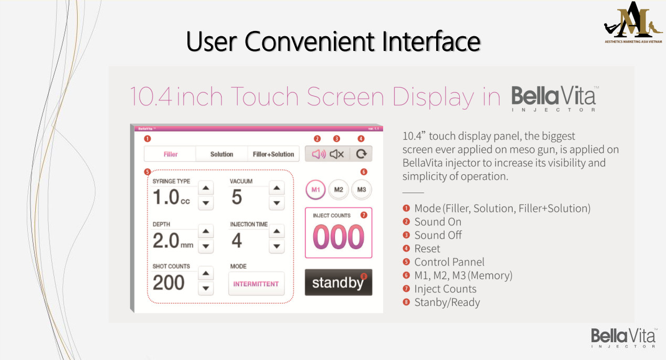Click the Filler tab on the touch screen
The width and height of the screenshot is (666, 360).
[171, 154]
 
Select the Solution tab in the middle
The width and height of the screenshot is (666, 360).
[222, 154]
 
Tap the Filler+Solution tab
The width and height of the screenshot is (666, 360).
[273, 154]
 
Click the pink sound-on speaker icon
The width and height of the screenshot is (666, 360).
[319, 154]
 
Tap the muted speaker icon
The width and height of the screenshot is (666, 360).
[337, 154]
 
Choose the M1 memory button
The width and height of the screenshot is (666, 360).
[315, 189]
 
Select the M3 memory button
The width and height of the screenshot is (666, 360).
[362, 189]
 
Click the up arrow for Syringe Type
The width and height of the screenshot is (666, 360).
[206, 188]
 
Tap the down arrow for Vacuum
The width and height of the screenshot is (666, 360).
[277, 203]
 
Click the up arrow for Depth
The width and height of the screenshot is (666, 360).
[206, 231]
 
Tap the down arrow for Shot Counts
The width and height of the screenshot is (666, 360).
[206, 288]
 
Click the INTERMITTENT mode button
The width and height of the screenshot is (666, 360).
[256, 284]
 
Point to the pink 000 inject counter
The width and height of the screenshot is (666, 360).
[339, 237]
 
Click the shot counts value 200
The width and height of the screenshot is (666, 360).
[168, 282]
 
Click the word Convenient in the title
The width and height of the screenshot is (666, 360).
[309, 41]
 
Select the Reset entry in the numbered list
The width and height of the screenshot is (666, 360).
[427, 249]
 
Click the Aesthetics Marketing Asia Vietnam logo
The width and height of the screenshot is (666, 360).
[633, 23]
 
